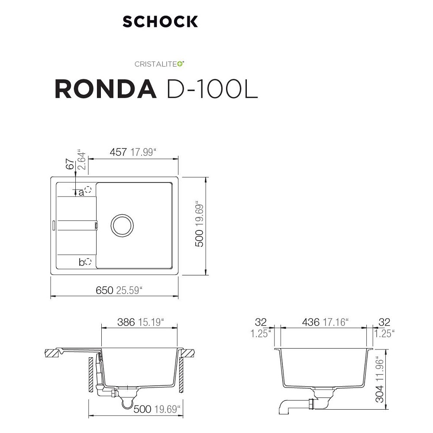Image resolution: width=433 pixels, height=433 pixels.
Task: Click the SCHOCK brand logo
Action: (160, 22)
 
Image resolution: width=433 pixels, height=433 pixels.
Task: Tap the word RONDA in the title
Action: (106, 89)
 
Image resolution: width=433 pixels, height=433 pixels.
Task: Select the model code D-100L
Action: (212, 89)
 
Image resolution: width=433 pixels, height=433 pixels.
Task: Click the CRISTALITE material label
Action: (156, 64)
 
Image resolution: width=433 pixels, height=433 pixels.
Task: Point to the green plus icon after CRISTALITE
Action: (180, 64)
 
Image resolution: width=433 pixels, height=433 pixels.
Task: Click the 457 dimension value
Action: (118, 152)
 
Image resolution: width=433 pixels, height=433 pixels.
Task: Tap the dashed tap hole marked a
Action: (88, 190)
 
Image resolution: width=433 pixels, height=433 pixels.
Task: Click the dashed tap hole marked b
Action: (88, 262)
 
